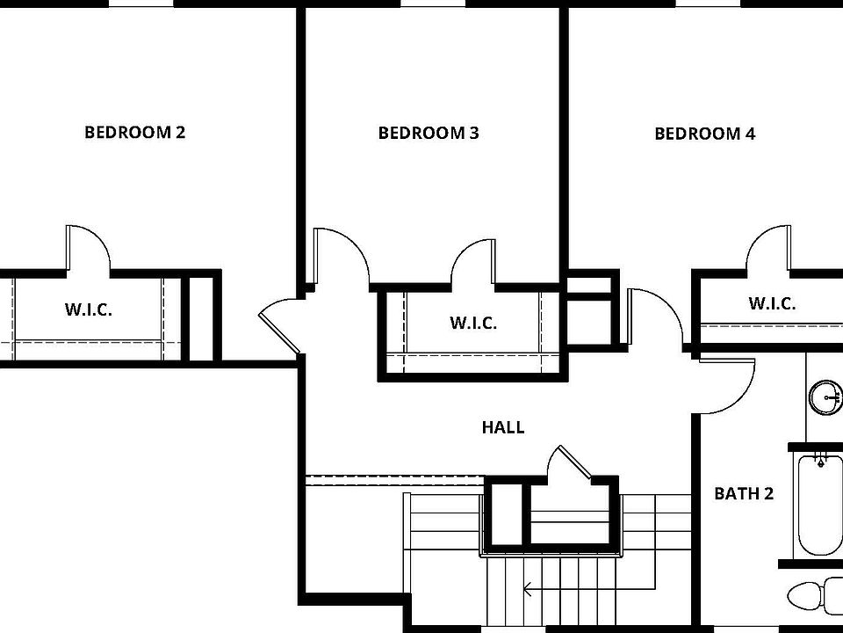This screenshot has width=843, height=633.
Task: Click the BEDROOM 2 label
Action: point(134,133)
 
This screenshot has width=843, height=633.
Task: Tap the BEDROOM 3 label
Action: point(429,134)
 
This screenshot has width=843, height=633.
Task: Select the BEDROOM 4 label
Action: point(705,134)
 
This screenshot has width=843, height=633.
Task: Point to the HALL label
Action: point(503,427)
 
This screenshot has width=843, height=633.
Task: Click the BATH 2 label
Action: point(743,493)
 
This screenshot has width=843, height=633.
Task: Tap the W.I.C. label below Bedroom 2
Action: point(88,309)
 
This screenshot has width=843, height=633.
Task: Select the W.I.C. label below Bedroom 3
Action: point(473,323)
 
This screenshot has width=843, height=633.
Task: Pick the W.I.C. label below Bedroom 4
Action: point(772,304)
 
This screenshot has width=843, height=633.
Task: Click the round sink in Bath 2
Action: point(825,397)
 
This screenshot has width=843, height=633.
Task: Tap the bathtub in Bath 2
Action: point(819,506)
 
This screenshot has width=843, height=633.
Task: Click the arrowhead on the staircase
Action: point(528,588)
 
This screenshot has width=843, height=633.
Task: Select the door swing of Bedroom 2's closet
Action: point(88,248)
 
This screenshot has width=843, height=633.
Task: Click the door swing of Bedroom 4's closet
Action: point(767,247)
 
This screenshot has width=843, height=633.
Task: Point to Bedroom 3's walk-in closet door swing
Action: point(473,264)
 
